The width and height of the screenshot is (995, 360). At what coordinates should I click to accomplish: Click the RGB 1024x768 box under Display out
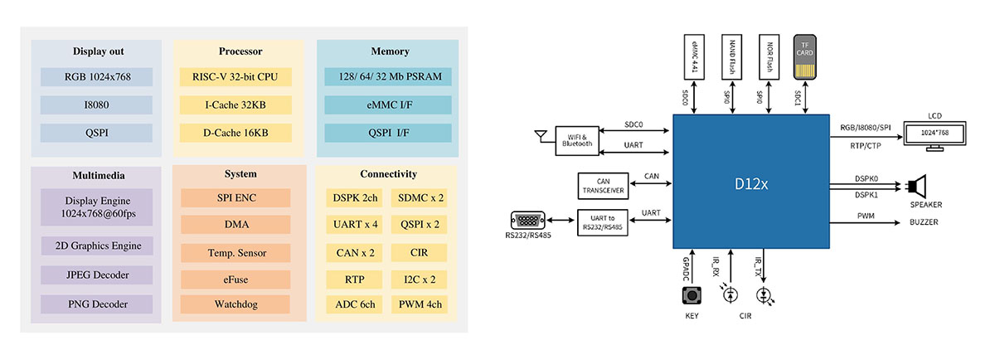click(x=97, y=77)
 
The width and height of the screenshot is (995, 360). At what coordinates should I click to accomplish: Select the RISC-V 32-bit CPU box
click(x=235, y=77)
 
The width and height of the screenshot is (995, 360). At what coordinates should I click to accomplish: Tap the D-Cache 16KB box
click(x=235, y=132)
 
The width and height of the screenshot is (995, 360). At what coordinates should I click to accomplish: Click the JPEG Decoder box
click(x=97, y=275)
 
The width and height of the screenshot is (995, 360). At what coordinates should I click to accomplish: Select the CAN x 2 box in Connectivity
click(x=352, y=251)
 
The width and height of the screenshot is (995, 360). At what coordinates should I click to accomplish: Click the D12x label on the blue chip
click(x=752, y=182)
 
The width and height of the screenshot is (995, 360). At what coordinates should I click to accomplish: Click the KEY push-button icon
click(x=690, y=295)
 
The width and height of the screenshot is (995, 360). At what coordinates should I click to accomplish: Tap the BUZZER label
click(x=924, y=222)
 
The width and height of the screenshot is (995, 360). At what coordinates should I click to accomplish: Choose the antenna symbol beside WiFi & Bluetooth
click(x=542, y=136)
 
